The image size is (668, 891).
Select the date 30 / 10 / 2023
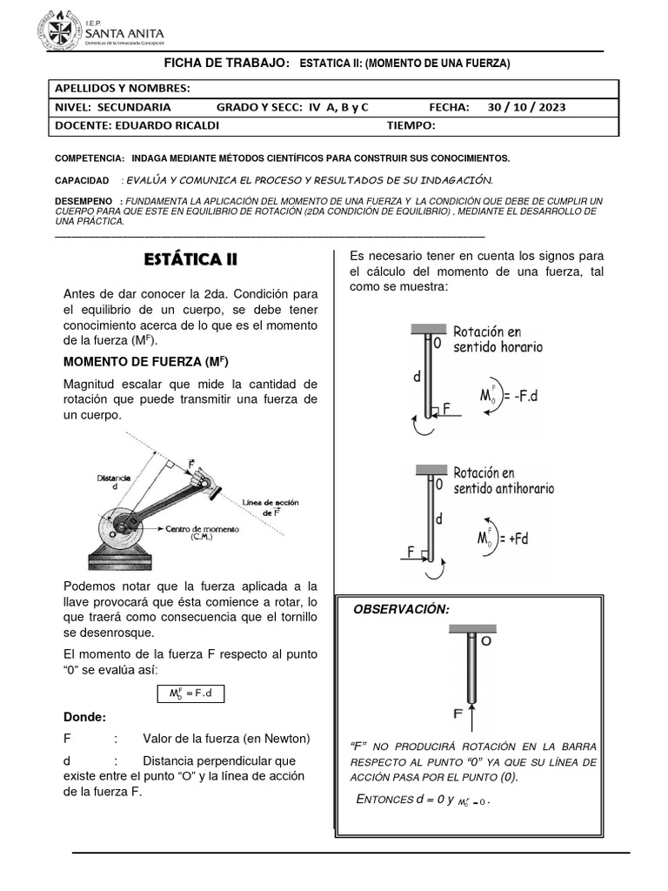click(526, 107)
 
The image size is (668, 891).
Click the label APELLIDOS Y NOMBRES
click(122, 89)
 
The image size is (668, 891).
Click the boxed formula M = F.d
click(190, 693)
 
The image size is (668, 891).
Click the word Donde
click(84, 717)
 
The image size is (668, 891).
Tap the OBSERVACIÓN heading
click(401, 609)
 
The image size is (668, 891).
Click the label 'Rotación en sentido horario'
click(498, 338)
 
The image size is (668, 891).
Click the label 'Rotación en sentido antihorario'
click(503, 480)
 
